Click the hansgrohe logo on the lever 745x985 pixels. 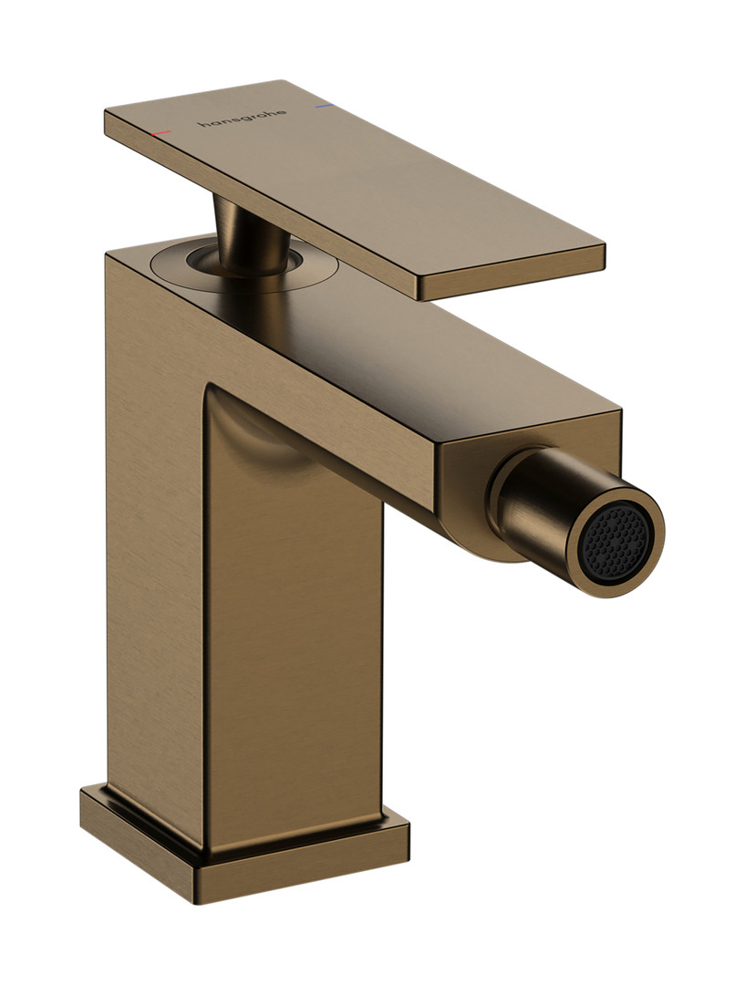(x=243, y=118)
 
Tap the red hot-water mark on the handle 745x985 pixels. (x=160, y=133)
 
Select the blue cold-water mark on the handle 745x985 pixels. (x=324, y=107)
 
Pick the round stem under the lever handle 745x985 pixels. (x=247, y=239)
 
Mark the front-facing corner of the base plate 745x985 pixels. (x=199, y=903)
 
